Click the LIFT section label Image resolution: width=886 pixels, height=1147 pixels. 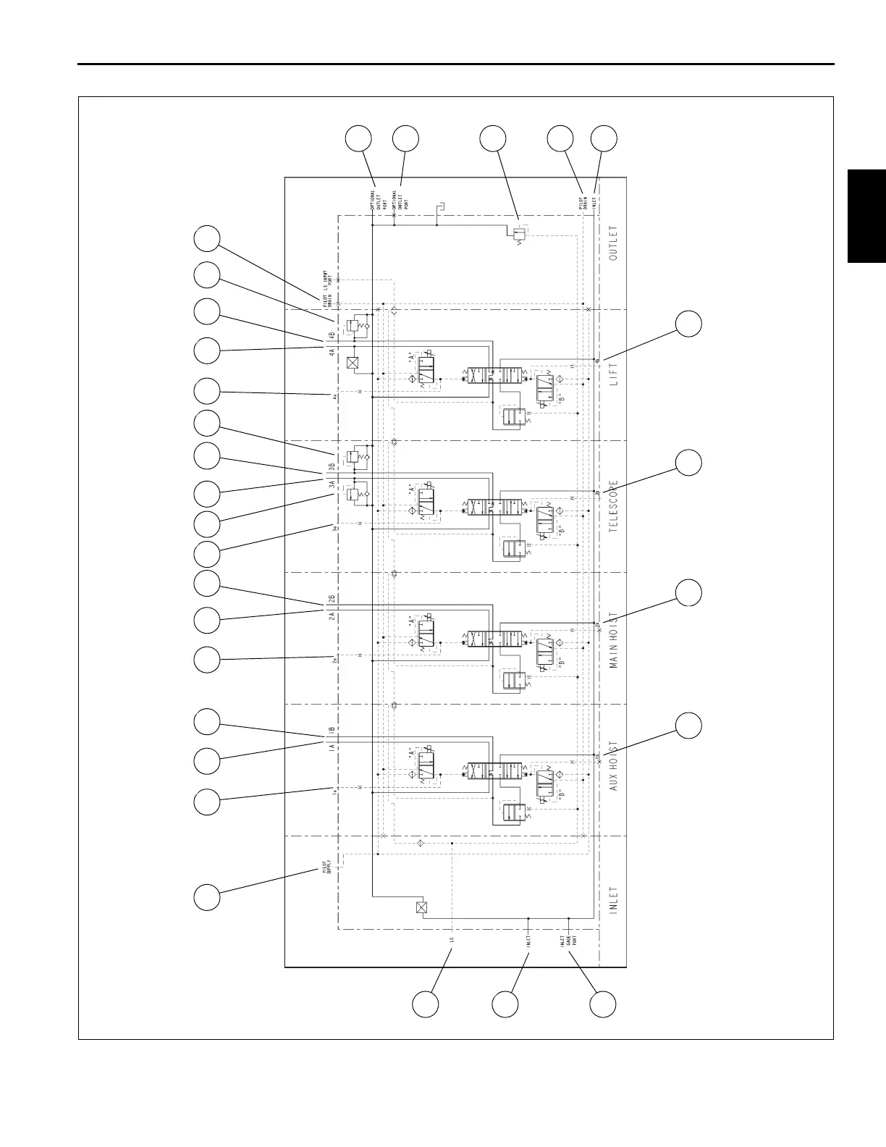(x=613, y=374)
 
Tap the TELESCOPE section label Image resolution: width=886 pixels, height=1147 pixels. (x=613, y=506)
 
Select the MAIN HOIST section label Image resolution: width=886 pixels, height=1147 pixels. (x=613, y=639)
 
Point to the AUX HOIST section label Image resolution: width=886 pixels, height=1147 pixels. (x=613, y=765)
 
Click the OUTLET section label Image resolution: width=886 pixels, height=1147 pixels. (x=613, y=243)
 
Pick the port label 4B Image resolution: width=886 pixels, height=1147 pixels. (x=332, y=336)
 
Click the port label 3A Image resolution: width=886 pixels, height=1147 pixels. (x=332, y=485)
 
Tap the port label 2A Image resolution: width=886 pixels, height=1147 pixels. (x=332, y=615)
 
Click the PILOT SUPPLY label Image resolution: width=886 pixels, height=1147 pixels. (x=327, y=867)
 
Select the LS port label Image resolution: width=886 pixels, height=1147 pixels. (x=452, y=941)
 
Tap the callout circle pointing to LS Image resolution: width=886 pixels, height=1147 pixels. (x=425, y=1004)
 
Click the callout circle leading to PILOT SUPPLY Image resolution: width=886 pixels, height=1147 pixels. (x=207, y=896)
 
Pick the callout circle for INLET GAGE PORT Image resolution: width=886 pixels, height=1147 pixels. (x=602, y=1004)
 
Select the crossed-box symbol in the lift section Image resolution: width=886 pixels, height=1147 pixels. (x=353, y=364)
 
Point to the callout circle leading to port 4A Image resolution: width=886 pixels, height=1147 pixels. (x=207, y=351)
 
